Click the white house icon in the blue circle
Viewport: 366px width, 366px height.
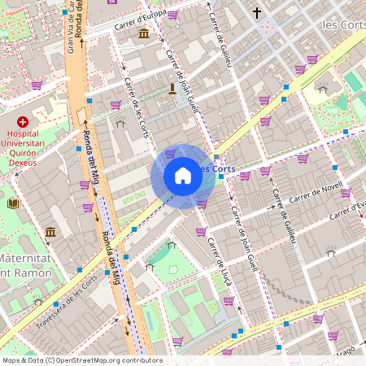click(x=183, y=176)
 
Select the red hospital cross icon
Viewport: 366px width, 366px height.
click(x=22, y=121)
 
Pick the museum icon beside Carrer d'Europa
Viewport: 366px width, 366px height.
click(x=144, y=33)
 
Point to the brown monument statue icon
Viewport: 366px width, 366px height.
click(x=172, y=89)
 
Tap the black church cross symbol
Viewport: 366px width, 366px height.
click(x=257, y=13)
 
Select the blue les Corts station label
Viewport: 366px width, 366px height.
click(x=218, y=169)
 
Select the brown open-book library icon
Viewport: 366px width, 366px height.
click(x=12, y=203)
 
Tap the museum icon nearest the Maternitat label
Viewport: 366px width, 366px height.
click(x=50, y=233)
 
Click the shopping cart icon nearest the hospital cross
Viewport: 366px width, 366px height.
click(x=37, y=85)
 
